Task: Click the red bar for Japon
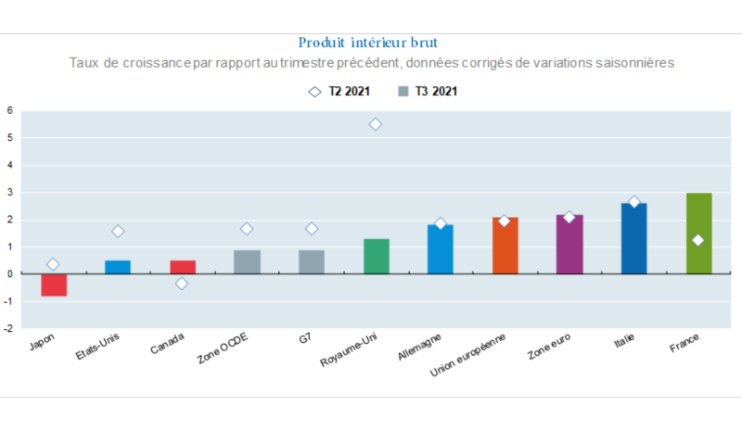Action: click(53, 285)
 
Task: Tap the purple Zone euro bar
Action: click(569, 245)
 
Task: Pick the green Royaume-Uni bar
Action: click(376, 257)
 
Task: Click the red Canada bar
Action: click(182, 267)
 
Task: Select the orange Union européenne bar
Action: click(505, 246)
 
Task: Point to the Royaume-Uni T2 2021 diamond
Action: click(376, 124)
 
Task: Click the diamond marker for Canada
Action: click(182, 283)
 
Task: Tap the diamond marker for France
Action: click(698, 240)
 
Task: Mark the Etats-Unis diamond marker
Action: click(118, 231)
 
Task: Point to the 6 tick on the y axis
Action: click(10, 110)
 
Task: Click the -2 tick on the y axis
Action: click(8, 328)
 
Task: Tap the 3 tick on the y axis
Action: click(10, 193)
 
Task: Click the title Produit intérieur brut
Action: click(368, 43)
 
